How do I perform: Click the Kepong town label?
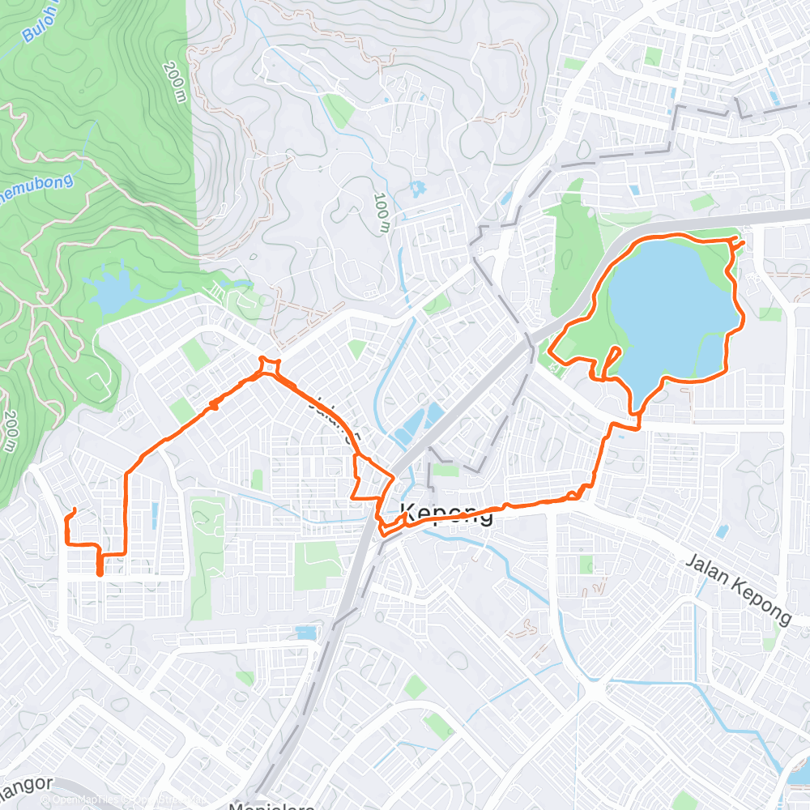pyautogui.click(x=447, y=513)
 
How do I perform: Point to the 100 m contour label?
pyautogui.click(x=383, y=213)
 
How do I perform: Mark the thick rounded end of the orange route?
pyautogui.click(x=100, y=571)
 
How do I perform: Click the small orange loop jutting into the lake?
pyautogui.click(x=613, y=356)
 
